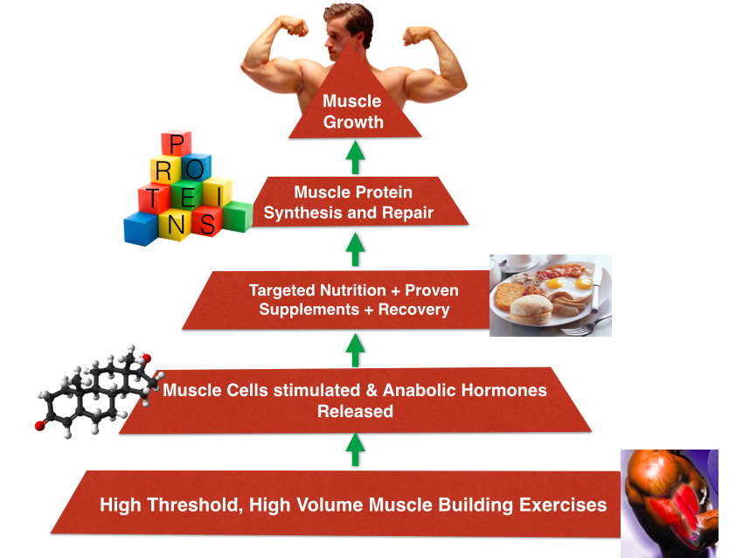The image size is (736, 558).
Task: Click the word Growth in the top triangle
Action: (353, 122)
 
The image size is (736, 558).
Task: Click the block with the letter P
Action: (177, 145)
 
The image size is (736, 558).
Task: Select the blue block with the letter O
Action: (197, 167)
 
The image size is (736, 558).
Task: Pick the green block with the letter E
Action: (185, 194)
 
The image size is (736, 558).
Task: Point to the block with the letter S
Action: (206, 224)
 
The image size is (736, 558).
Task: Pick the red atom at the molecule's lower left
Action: (39, 426)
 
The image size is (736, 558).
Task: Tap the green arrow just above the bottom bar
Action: (354, 450)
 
